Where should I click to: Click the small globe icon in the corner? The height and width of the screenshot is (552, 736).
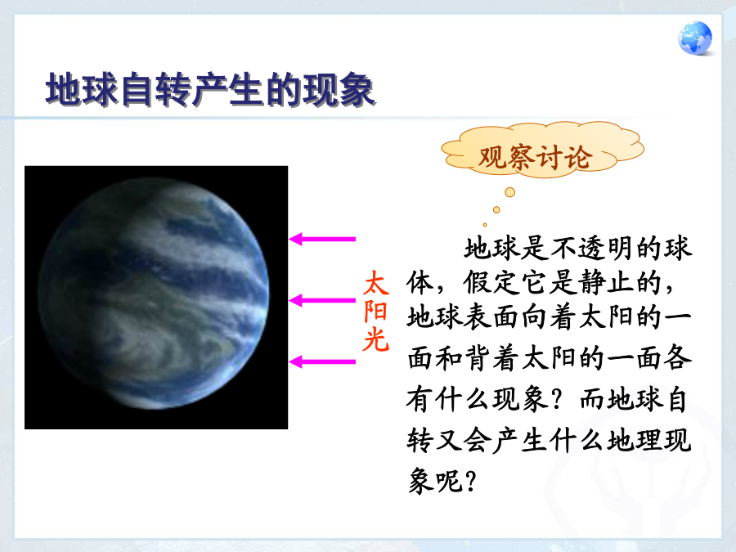[694, 38]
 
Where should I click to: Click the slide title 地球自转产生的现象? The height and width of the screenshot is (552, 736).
[210, 90]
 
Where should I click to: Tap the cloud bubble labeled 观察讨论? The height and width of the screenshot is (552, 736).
[543, 150]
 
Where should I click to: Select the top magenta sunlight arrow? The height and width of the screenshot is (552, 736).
[322, 239]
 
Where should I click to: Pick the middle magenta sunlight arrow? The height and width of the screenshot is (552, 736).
[322, 300]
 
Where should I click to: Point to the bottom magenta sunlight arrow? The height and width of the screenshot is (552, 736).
[322, 362]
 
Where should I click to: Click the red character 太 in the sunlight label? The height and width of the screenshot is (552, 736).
[376, 283]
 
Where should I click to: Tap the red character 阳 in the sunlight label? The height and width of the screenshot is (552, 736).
[376, 311]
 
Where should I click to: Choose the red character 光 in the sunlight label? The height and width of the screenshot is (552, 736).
[376, 339]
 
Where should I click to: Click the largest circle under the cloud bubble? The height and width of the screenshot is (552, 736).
[509, 192]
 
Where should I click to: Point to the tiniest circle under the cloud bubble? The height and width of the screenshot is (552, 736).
[485, 225]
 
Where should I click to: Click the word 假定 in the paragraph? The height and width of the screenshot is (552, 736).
[491, 283]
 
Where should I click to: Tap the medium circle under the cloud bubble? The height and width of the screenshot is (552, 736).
[496, 210]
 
